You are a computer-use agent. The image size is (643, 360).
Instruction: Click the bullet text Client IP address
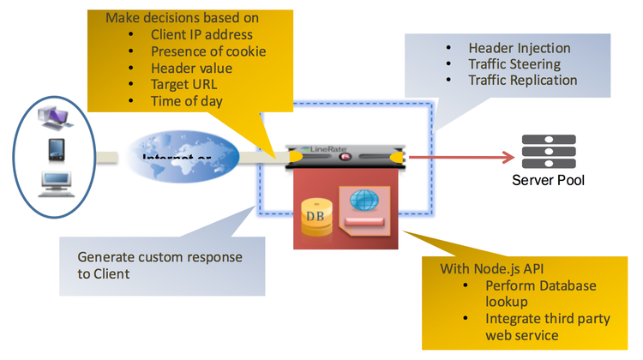pos(201,35)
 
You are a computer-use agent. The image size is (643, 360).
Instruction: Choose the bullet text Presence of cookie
pos(207,51)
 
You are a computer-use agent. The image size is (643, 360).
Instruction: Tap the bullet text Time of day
pos(188,102)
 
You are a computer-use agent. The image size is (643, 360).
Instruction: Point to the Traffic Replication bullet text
pos(522,80)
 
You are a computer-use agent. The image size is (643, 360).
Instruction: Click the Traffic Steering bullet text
pos(514,63)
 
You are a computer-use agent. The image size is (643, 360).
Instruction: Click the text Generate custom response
pos(159,257)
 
